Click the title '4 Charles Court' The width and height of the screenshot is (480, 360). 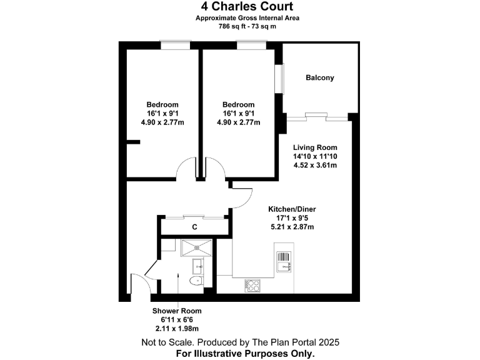[239, 7]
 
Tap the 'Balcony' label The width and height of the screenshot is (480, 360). [319, 78]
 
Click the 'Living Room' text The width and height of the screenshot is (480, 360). [315, 147]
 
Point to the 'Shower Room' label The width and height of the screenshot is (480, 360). [177, 311]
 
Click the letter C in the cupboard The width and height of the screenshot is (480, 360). [195, 227]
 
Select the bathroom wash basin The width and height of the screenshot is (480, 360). [197, 267]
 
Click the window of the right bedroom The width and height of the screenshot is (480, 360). [247, 45]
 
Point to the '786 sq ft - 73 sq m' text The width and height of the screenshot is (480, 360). [239, 27]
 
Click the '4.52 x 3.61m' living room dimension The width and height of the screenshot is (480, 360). [315, 166]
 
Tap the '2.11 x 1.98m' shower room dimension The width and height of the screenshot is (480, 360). [177, 328]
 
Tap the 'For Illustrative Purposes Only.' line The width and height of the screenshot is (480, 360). [239, 353]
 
